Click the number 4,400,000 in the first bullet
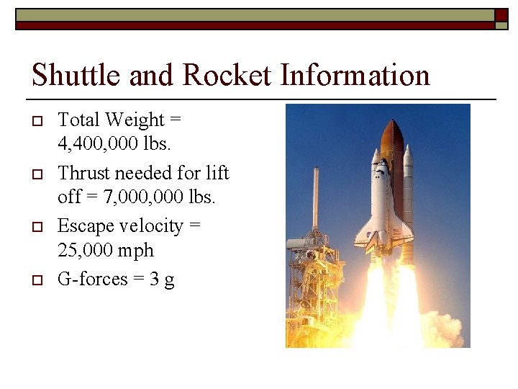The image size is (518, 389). point(96,144)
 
